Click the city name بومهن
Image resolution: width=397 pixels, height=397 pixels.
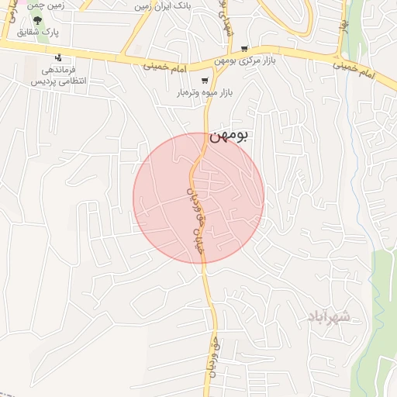click(229, 137)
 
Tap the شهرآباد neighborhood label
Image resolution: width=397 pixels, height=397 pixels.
click(329, 316)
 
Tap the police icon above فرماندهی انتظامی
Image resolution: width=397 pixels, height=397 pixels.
click(58, 57)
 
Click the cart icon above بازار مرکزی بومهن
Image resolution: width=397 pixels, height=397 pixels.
click(244, 47)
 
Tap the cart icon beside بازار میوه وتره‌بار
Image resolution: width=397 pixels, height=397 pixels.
click(205, 80)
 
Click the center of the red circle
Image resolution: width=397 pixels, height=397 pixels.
click(198, 198)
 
